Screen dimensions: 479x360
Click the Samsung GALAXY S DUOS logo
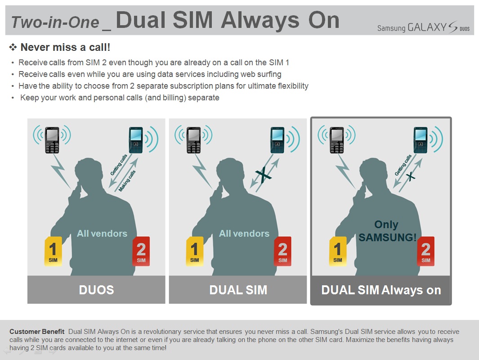[x=423, y=27]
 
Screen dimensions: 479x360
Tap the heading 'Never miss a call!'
[x=65, y=47]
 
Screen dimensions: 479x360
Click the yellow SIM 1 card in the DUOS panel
[x=53, y=251]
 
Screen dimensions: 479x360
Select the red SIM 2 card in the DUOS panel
[x=141, y=251]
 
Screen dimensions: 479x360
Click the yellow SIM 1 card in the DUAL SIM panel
[x=195, y=251]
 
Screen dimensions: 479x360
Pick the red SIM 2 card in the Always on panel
[x=426, y=251]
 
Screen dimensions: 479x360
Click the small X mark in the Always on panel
[x=411, y=176]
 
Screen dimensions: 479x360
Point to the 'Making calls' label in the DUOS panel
[x=127, y=181]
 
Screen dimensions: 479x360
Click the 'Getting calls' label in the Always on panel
[x=403, y=165]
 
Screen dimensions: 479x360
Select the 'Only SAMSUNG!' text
[x=387, y=231]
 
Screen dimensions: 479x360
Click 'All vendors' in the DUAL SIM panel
[x=244, y=234]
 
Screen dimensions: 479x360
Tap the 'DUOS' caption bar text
[x=96, y=290]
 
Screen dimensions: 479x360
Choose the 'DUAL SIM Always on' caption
[x=381, y=290]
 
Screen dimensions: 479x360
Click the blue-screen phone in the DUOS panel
[x=136, y=140]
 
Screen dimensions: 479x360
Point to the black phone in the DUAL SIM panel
[x=194, y=140]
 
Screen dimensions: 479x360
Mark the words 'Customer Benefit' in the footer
[x=37, y=332]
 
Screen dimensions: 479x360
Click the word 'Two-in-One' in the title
[x=55, y=22]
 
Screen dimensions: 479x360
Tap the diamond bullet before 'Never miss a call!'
[x=13, y=47]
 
